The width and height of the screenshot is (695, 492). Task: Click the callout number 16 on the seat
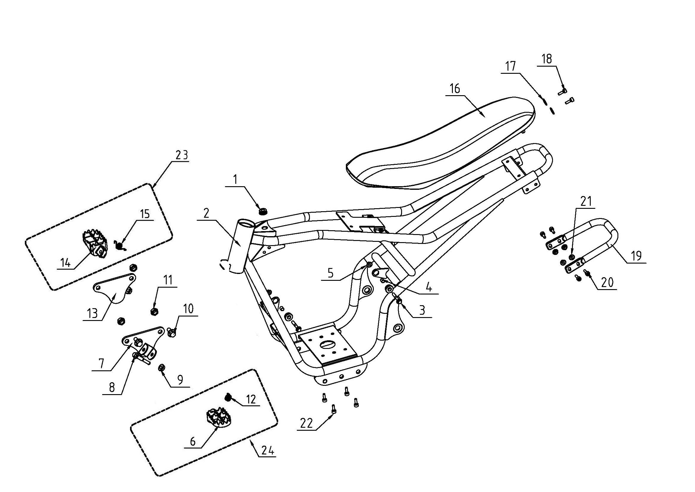coord(455,88)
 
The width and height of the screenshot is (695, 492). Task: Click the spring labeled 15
coord(120,245)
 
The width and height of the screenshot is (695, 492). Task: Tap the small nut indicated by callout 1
coord(262,211)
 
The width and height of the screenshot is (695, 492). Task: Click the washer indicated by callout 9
coord(162,368)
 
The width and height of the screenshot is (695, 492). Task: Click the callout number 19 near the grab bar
coord(636,256)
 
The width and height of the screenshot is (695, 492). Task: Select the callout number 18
coord(547,59)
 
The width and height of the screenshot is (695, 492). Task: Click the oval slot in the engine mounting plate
coord(329,344)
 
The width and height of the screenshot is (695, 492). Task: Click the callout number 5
coord(330,273)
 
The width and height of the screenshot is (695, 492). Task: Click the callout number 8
coord(112,387)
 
